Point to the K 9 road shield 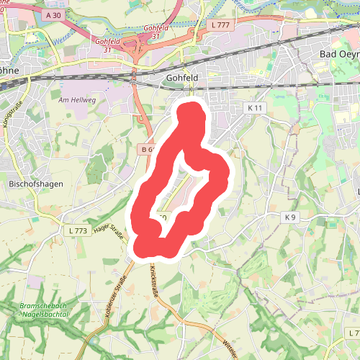click(x=290, y=217)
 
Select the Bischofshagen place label click(x=35, y=184)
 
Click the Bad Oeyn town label click(x=338, y=55)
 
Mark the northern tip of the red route click(x=191, y=109)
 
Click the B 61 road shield click(x=148, y=149)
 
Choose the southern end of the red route click(x=148, y=248)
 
